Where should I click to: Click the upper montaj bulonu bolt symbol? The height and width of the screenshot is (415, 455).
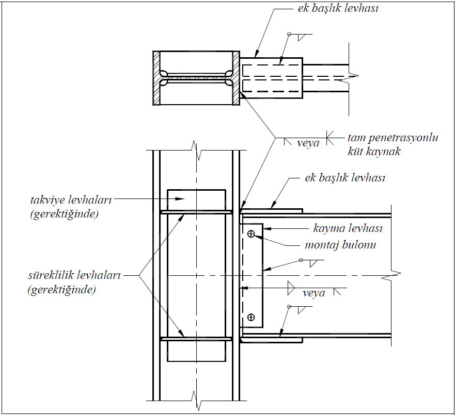tap(251, 234)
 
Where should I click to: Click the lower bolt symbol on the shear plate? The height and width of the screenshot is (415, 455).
tap(251, 317)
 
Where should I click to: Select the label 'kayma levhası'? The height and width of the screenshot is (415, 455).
tap(348, 228)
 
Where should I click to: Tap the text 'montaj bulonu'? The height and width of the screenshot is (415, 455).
tap(340, 245)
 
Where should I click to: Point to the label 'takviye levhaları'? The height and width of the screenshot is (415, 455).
tap(71, 200)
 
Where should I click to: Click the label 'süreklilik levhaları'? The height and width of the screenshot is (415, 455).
tap(74, 275)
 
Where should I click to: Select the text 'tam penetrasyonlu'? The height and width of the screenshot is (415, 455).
tap(393, 138)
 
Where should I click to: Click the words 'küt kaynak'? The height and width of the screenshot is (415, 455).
tap(374, 152)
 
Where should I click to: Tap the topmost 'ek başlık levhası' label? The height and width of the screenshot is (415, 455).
tap(338, 8)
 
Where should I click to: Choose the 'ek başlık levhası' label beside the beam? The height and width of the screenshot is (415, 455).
tap(344, 178)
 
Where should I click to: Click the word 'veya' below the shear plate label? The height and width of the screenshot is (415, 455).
tap(313, 293)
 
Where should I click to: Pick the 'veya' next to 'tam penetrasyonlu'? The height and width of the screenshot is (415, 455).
tap(308, 143)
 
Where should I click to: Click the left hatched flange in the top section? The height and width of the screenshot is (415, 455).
tap(156, 78)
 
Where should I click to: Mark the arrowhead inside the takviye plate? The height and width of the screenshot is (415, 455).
tap(180, 198)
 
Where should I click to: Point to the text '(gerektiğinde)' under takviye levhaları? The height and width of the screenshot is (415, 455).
tap(64, 214)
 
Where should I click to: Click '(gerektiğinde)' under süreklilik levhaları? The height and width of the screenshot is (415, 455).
tap(61, 290)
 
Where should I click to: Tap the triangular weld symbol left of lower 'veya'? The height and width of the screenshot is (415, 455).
tap(291, 288)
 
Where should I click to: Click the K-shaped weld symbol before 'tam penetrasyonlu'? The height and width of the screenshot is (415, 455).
tap(330, 138)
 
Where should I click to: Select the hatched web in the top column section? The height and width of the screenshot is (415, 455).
tap(196, 78)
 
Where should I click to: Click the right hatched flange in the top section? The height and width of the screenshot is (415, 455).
tap(236, 78)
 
